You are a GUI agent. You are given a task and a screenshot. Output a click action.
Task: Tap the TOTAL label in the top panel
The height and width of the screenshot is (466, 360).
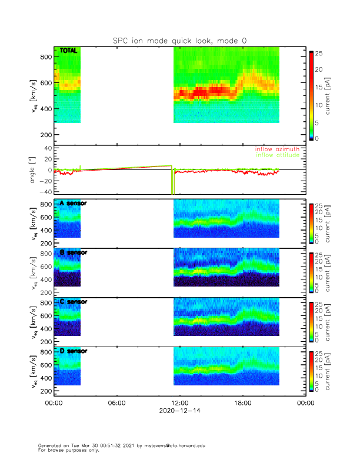(x=68, y=51)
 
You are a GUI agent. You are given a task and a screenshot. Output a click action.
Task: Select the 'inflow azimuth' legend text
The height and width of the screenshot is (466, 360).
(x=277, y=149)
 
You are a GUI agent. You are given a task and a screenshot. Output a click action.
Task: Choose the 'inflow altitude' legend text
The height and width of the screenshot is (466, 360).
(x=277, y=155)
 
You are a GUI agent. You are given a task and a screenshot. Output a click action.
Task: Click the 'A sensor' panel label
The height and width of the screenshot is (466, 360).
(x=73, y=204)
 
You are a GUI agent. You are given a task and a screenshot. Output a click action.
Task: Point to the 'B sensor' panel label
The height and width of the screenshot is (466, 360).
(x=73, y=252)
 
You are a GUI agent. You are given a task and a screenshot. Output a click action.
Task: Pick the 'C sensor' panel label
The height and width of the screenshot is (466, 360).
(x=73, y=302)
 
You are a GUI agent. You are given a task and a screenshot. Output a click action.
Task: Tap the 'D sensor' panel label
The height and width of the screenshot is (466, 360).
(x=73, y=351)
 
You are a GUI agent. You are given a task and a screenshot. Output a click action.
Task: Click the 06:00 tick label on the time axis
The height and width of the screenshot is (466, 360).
(x=116, y=404)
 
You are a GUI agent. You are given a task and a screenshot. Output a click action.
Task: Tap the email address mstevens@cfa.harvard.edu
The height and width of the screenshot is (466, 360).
(x=167, y=446)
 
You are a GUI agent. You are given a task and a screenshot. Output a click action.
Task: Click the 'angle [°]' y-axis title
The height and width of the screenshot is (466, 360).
(x=34, y=170)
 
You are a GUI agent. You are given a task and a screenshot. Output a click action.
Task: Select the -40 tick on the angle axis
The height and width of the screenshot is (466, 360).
(x=42, y=192)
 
